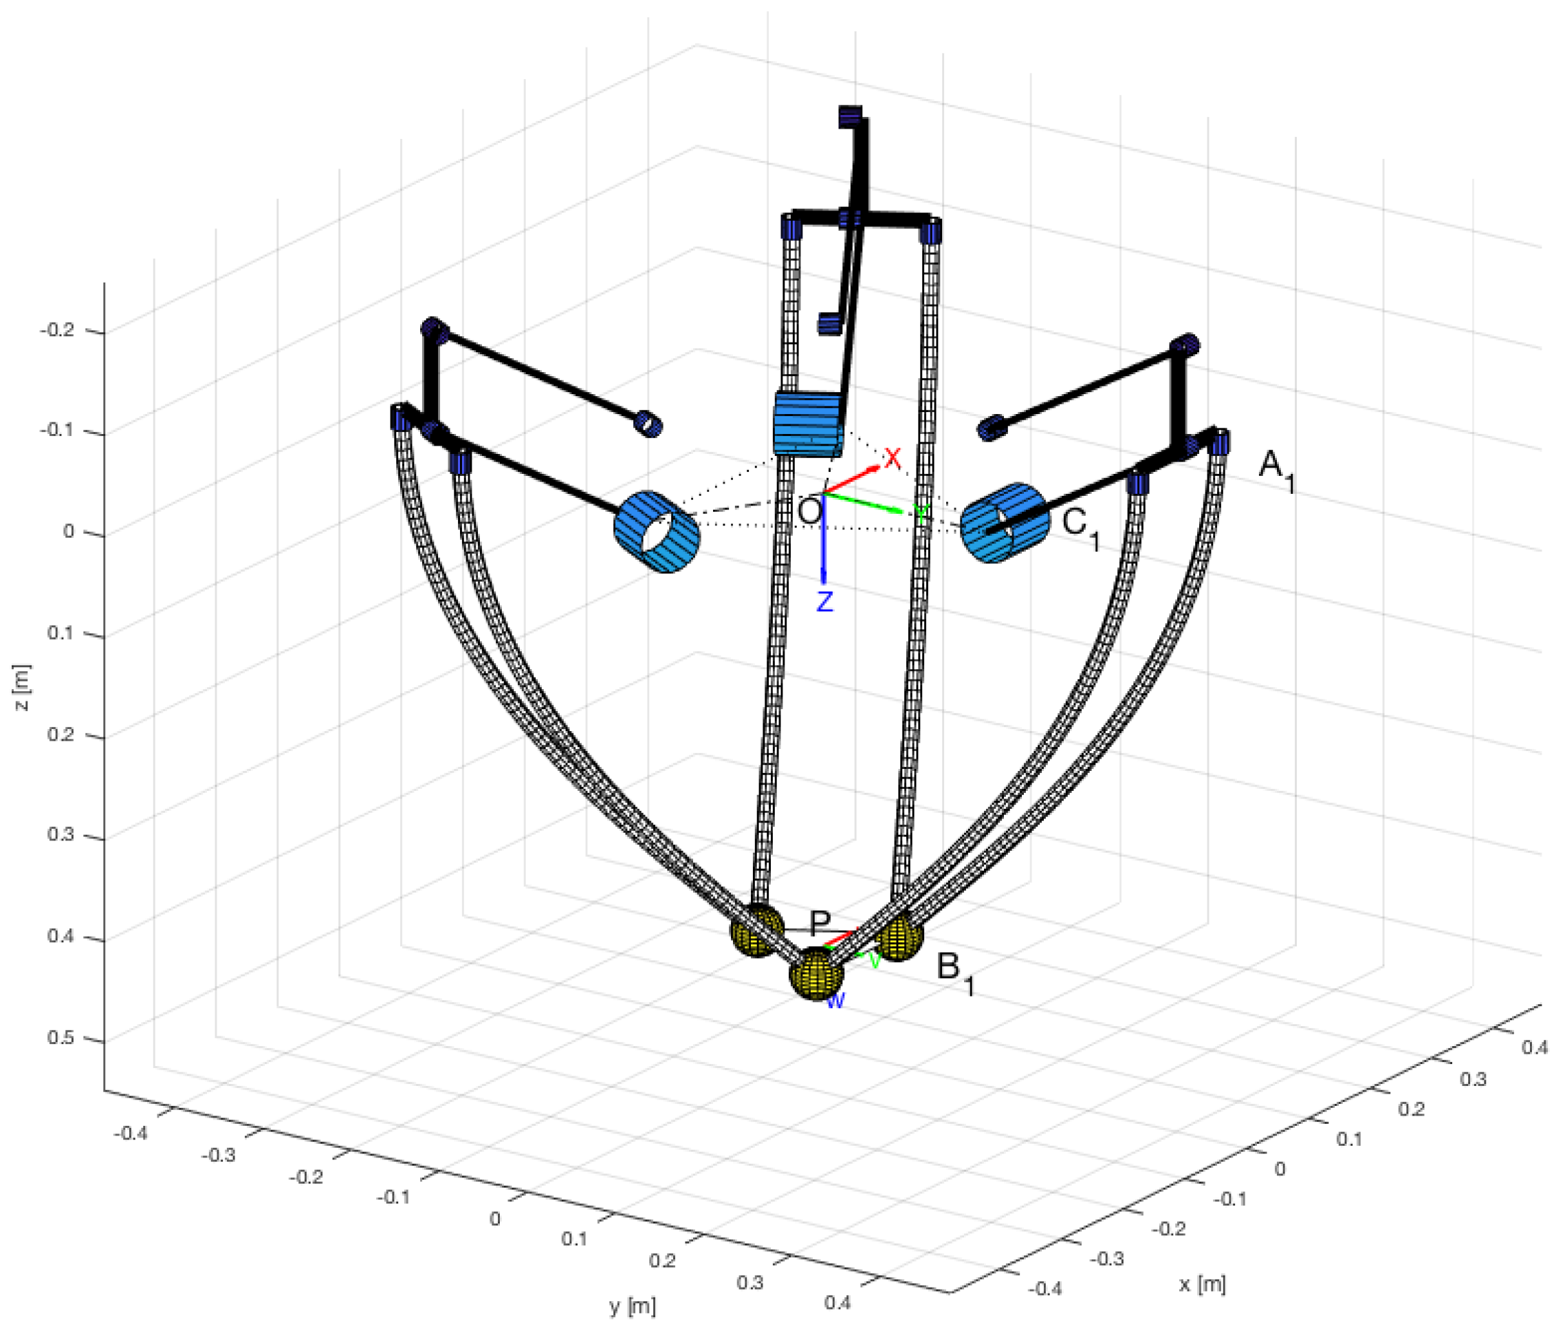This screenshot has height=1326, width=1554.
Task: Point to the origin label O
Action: point(810,512)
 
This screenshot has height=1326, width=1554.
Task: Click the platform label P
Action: point(820,922)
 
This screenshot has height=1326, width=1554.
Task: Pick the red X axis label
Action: point(892,457)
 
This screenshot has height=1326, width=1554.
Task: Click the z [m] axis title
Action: point(23,688)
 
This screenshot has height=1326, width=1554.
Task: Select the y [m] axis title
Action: point(632,1306)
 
